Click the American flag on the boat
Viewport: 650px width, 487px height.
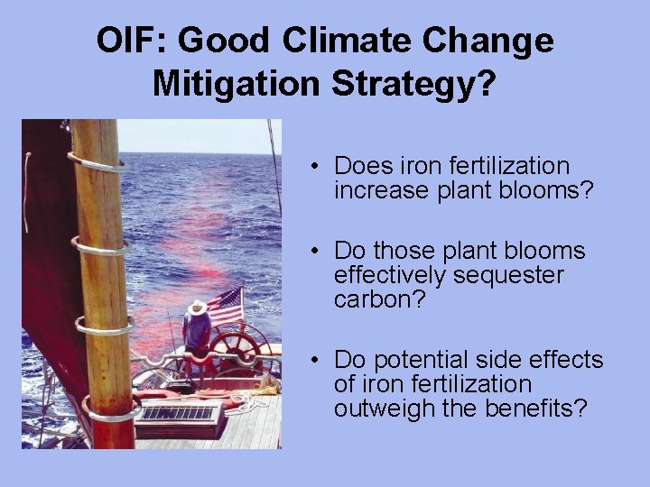226,306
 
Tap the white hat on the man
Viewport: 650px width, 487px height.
197,308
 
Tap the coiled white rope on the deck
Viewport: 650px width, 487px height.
263,390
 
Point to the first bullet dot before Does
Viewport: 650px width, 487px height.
311,167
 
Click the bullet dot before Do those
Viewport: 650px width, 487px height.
311,251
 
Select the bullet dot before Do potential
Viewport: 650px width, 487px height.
311,361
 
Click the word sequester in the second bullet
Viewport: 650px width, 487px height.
512,275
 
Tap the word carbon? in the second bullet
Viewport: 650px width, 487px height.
374,299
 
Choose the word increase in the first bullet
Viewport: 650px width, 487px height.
376,190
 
